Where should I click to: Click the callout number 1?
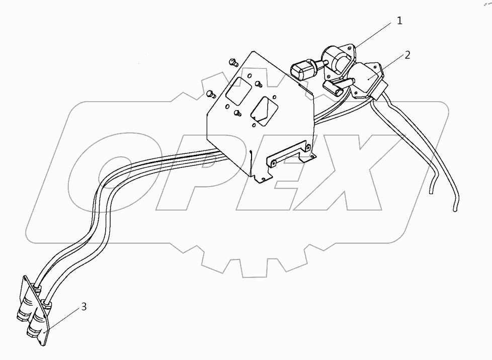[x=399, y=21]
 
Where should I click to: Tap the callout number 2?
[x=407, y=55]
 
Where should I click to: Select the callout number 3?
[x=84, y=306]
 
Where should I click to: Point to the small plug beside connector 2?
[x=334, y=87]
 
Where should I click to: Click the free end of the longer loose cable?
[x=456, y=210]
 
